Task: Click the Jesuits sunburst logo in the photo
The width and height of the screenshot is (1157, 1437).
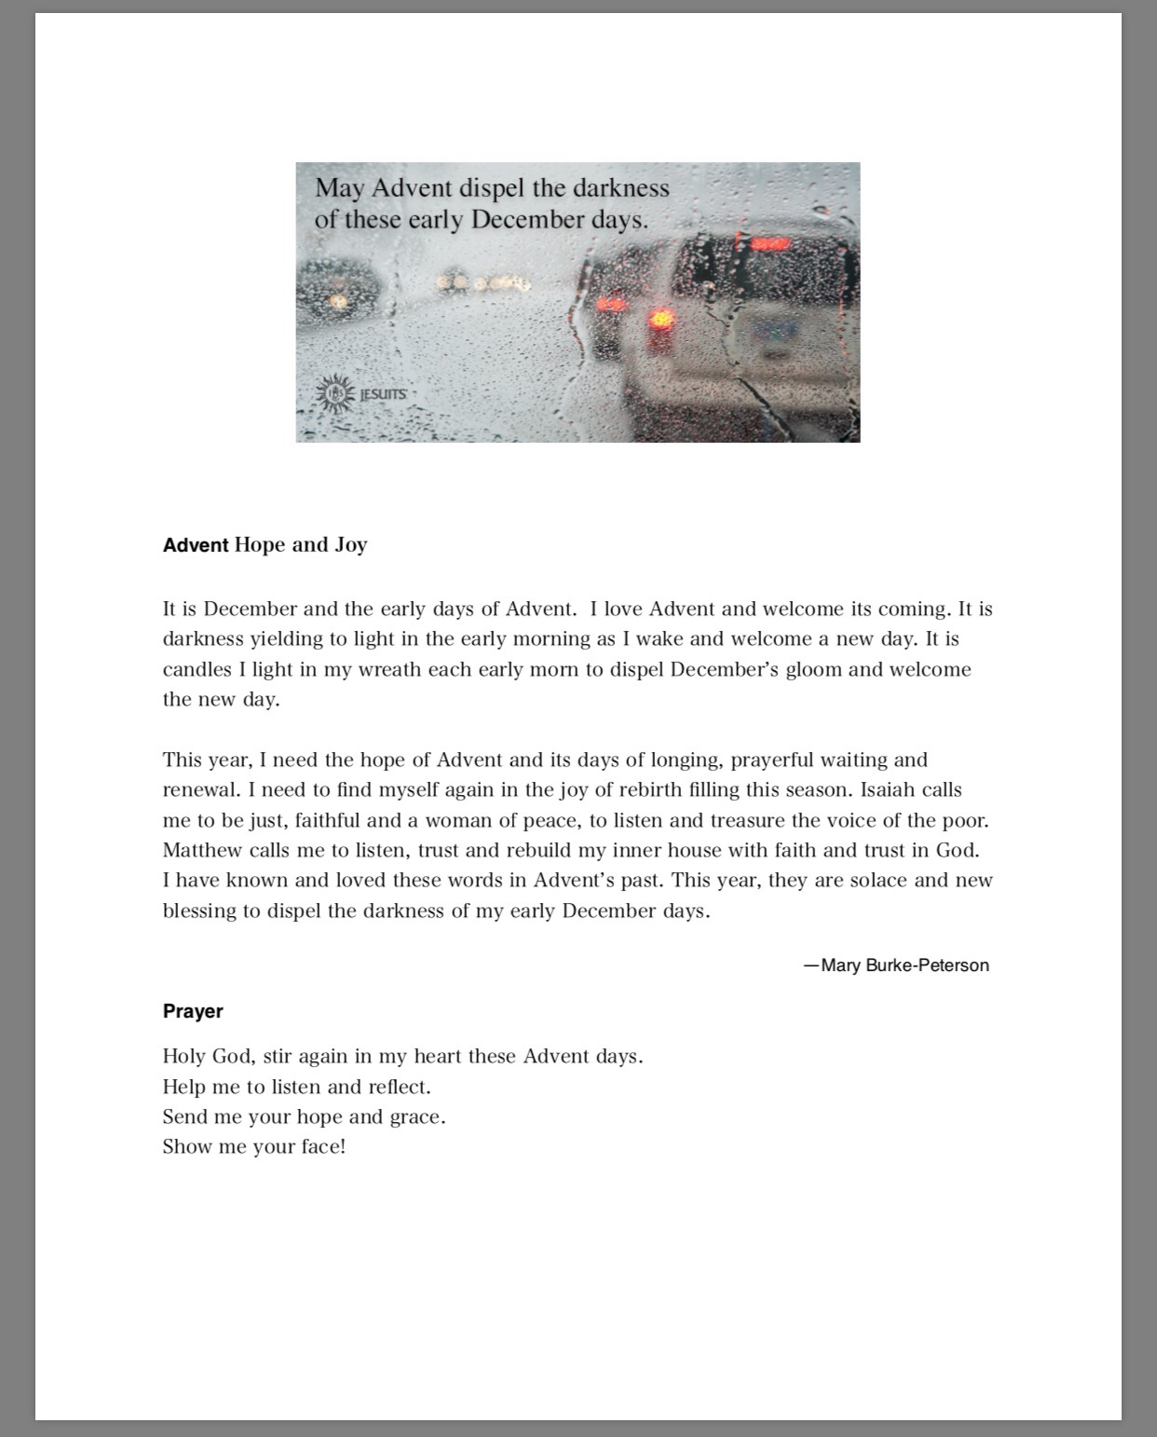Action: click(333, 393)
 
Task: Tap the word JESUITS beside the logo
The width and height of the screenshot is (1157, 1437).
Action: click(383, 394)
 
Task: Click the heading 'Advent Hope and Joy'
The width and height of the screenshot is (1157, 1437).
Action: click(265, 545)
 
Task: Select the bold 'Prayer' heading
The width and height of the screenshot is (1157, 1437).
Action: click(193, 1011)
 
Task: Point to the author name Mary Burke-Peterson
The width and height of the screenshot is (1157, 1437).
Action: click(905, 965)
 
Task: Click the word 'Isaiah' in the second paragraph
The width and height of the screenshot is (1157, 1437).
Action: click(887, 790)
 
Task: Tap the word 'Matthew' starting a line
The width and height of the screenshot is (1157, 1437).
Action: click(202, 851)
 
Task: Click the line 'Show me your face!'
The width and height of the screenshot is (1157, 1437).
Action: click(253, 1147)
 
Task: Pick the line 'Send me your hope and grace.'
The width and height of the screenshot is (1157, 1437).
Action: click(304, 1116)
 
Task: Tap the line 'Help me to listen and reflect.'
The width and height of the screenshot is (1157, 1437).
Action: click(296, 1087)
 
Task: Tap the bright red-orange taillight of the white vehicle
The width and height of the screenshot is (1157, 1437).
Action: click(662, 319)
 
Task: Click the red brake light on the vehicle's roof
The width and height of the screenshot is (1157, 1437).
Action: click(769, 244)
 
